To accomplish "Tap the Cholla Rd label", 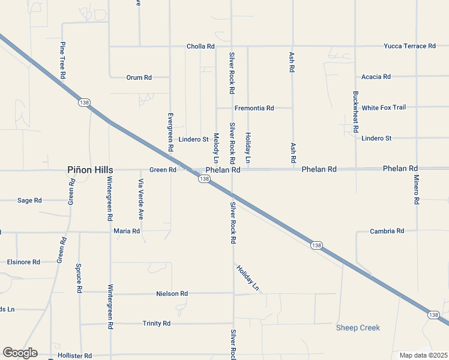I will pos(200,46).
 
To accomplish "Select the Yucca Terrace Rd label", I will pos(411,46).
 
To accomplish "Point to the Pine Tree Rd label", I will pos(62,61).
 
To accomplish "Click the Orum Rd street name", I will pos(139,77).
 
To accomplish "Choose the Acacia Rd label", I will pos(376,77).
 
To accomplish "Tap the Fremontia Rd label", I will pos(254,108).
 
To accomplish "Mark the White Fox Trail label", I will pos(384,107).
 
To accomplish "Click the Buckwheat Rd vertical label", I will pos(356,112).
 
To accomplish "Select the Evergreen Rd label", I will pos(170,131).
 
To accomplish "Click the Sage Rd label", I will pos(29,200).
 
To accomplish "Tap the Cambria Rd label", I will pos(387,231).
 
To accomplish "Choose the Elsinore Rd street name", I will pos(23,262).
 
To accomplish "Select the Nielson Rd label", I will pos(172,293).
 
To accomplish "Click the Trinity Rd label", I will pos(157,323).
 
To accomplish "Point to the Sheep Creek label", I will pos(358,328).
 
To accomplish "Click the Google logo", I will pos(20,353).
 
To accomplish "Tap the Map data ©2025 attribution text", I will pos(423,355).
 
